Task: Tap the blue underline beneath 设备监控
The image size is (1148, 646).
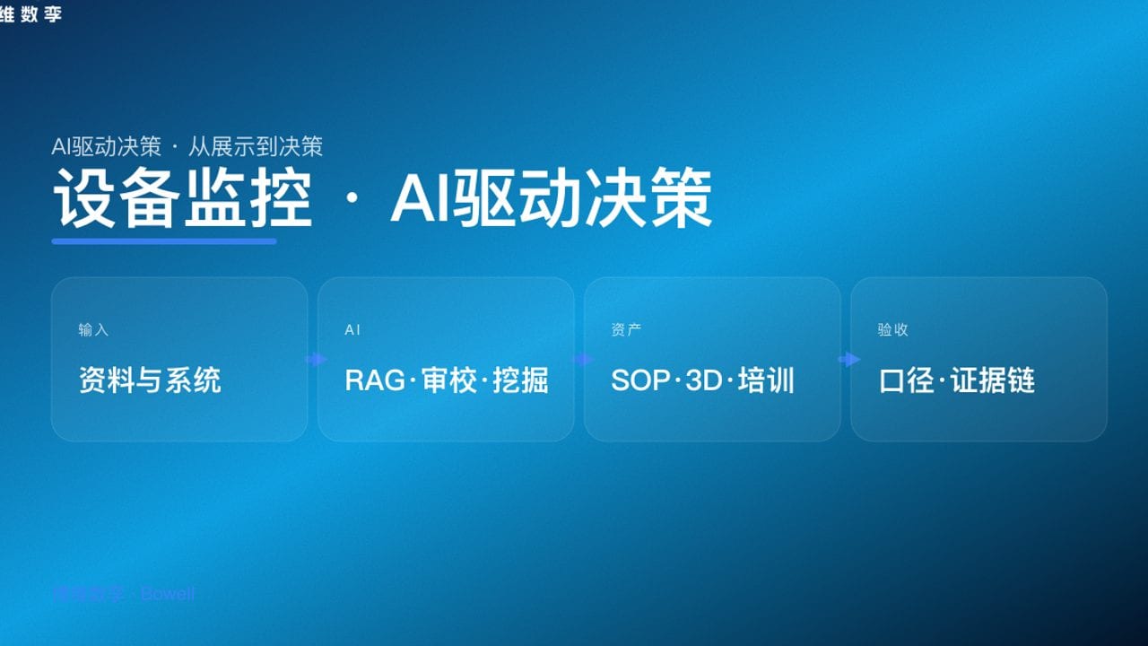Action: coord(164,240)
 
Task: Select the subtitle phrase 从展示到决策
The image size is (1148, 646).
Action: coord(255,146)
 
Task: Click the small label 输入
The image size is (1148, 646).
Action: coord(93,330)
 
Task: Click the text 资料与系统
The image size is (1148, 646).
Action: coord(150,380)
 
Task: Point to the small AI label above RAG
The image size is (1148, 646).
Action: coord(352,330)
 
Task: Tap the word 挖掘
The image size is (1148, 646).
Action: coord(521,380)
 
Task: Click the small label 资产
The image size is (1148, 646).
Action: coord(625,330)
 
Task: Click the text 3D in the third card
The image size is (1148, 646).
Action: coord(704,380)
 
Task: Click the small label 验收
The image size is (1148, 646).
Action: coord(892,330)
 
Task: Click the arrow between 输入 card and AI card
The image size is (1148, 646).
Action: coord(315,360)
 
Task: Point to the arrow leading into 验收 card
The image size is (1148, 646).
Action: coord(848,360)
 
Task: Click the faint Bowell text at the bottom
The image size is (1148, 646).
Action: coord(168,594)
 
